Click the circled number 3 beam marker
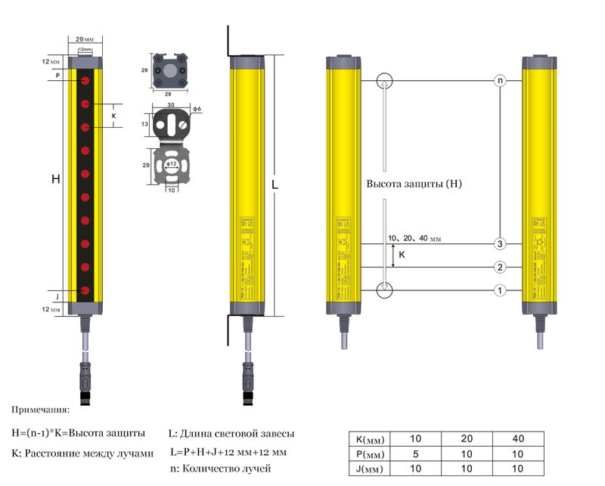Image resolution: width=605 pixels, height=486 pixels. (500, 244)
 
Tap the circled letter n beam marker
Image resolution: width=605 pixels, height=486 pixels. (500, 79)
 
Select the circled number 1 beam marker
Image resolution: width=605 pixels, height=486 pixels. (500, 290)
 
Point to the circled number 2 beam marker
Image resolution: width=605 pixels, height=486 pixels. (500, 268)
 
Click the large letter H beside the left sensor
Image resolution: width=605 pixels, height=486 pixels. (55, 179)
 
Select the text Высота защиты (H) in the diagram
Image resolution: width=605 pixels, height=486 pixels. (413, 184)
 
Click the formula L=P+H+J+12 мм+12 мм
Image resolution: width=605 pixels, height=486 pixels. (229, 452)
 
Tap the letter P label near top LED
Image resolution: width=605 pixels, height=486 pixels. (57, 76)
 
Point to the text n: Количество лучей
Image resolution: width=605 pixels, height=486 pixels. (222, 469)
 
